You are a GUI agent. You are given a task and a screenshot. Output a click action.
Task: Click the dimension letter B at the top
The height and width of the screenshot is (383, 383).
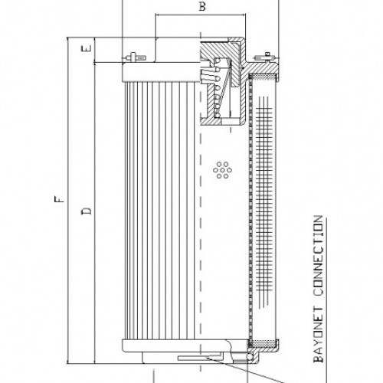(201, 7)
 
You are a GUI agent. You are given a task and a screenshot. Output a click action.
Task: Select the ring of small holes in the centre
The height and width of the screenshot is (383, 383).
(224, 169)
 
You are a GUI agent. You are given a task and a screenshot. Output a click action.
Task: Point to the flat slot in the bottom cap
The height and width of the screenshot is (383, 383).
(191, 358)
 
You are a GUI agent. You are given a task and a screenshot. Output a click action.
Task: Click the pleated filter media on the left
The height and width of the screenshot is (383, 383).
(153, 207)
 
